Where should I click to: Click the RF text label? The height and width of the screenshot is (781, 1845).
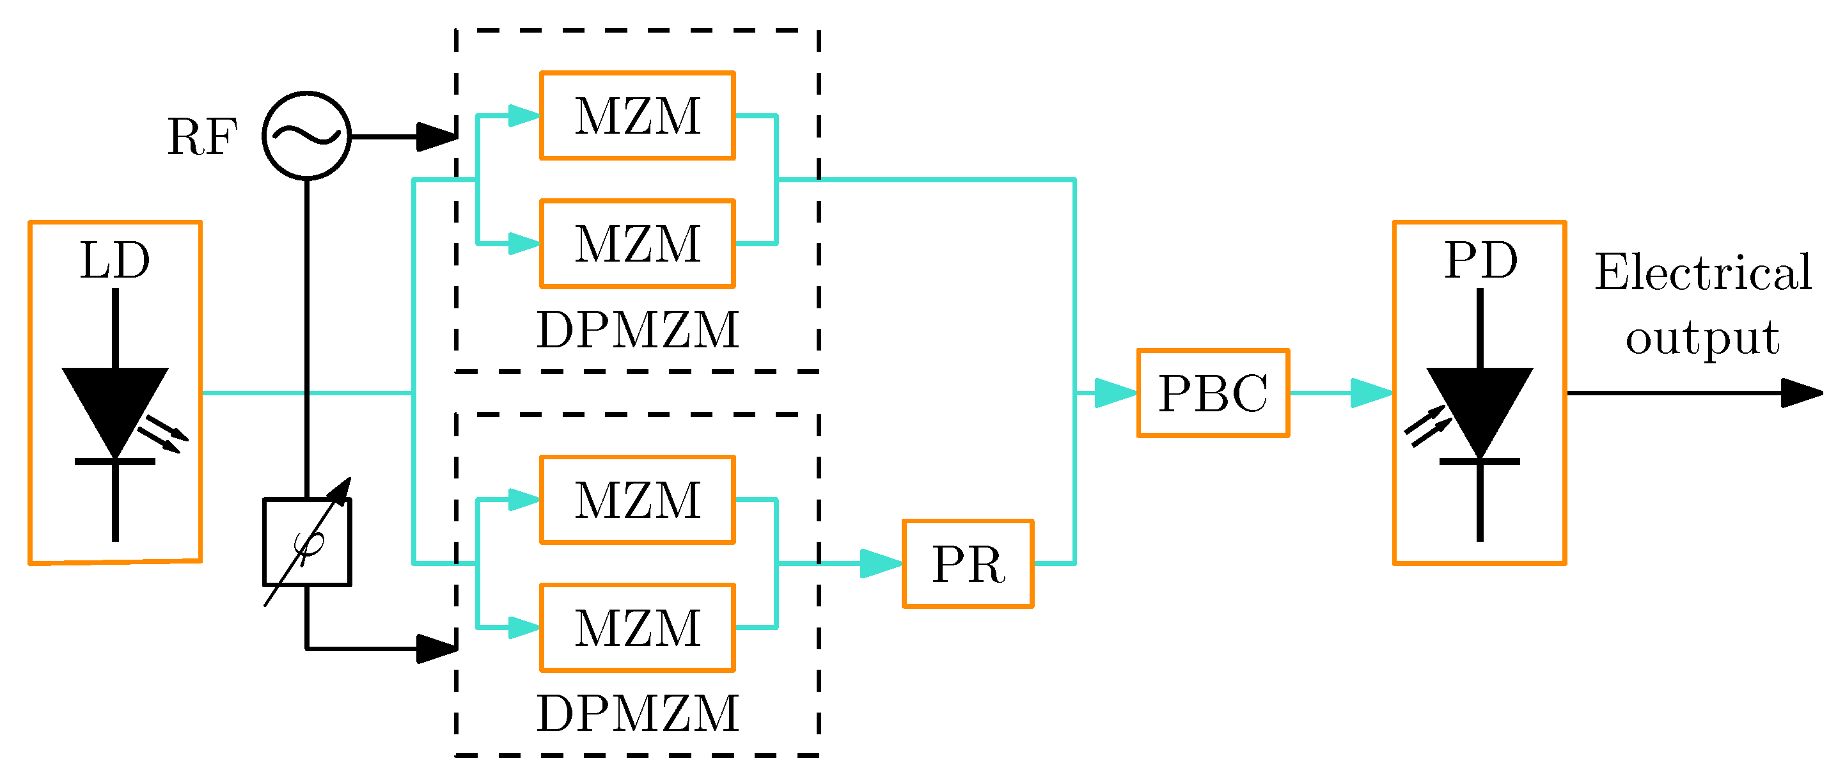coord(202,137)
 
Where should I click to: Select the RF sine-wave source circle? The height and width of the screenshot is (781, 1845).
coord(306,136)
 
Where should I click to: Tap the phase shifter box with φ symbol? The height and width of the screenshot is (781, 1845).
coord(306,542)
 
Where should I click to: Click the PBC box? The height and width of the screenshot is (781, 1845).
coord(1213,393)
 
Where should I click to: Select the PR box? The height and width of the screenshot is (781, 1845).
coord(968,564)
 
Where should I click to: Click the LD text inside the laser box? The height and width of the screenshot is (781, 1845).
coord(114,260)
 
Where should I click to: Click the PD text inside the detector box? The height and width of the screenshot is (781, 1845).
coord(1480,260)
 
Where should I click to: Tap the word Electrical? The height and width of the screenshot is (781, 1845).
coord(1702,272)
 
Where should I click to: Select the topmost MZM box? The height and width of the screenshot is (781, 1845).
coord(638,115)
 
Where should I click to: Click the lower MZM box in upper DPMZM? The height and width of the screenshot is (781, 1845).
coord(638,244)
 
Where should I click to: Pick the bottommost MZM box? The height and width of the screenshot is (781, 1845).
coord(638,627)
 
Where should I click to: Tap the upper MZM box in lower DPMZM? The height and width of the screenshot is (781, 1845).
coord(638,500)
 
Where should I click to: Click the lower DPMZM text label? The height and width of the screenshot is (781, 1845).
coord(638,714)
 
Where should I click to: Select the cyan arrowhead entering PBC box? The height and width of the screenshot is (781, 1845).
coord(1115,393)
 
